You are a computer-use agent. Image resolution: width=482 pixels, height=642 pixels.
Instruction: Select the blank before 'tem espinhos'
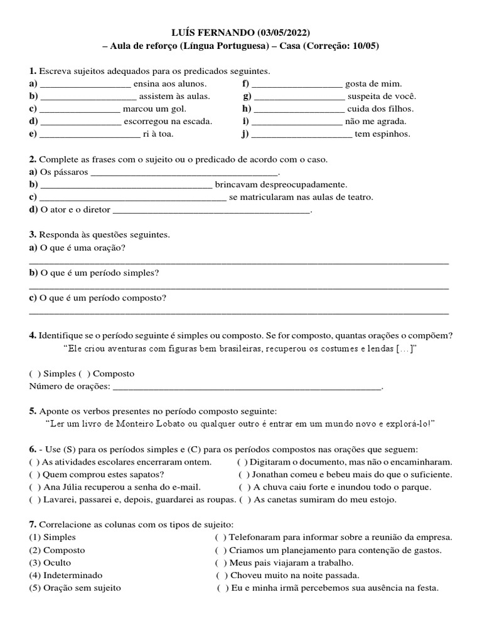click(301, 134)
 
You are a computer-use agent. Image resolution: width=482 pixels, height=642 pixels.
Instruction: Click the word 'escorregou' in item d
click(146, 121)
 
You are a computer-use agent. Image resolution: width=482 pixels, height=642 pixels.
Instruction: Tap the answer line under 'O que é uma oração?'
click(238, 263)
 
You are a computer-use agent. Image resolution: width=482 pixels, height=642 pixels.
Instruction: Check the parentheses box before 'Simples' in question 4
click(36, 374)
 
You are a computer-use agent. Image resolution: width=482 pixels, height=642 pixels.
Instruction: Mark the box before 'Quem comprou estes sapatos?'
click(36, 475)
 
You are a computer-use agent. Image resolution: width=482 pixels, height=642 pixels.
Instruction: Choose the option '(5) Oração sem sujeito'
click(75, 588)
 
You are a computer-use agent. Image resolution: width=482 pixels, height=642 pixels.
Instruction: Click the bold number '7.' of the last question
click(33, 524)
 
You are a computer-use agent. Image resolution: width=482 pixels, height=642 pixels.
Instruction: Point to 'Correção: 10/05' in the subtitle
click(345, 45)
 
